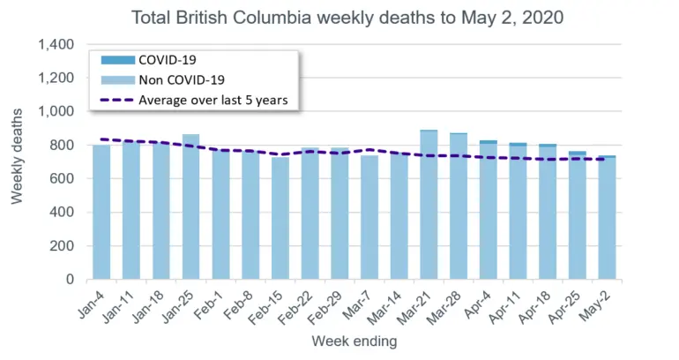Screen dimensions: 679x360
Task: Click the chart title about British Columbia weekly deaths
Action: coord(347,18)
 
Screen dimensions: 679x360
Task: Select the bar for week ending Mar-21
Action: coord(429,205)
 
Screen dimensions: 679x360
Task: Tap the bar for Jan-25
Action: coord(191,206)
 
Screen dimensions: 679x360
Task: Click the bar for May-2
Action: coord(607,217)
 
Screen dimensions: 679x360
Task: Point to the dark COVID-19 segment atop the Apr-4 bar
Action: coord(489,142)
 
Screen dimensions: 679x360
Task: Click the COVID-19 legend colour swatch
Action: coord(118,60)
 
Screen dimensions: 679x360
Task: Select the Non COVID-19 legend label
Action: coord(182,80)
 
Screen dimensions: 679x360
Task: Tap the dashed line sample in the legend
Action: coord(118,100)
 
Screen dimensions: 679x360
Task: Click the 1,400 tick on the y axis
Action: coord(56,44)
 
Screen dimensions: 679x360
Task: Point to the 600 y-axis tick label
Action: coord(63,178)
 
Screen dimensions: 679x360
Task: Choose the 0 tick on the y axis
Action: coord(71,280)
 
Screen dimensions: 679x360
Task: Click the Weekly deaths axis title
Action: coord(17,156)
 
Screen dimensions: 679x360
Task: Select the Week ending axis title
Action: coord(354,341)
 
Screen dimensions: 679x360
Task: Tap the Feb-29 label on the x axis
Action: coord(325,308)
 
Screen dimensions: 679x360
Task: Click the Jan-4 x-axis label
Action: coord(93,305)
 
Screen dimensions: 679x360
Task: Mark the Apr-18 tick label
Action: coord(533,308)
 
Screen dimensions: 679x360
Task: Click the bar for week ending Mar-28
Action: coord(459,206)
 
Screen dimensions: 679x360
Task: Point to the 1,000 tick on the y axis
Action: coord(56,111)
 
